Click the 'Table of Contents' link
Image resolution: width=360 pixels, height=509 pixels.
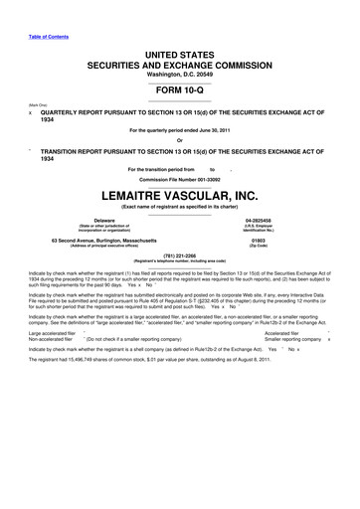coord(41,23)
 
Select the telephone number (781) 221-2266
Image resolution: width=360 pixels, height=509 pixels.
coord(179,256)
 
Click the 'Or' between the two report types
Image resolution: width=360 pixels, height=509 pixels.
coord(179,138)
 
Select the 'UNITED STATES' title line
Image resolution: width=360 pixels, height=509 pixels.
coord(179,47)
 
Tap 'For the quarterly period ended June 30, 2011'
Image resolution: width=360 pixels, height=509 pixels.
coord(179,130)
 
